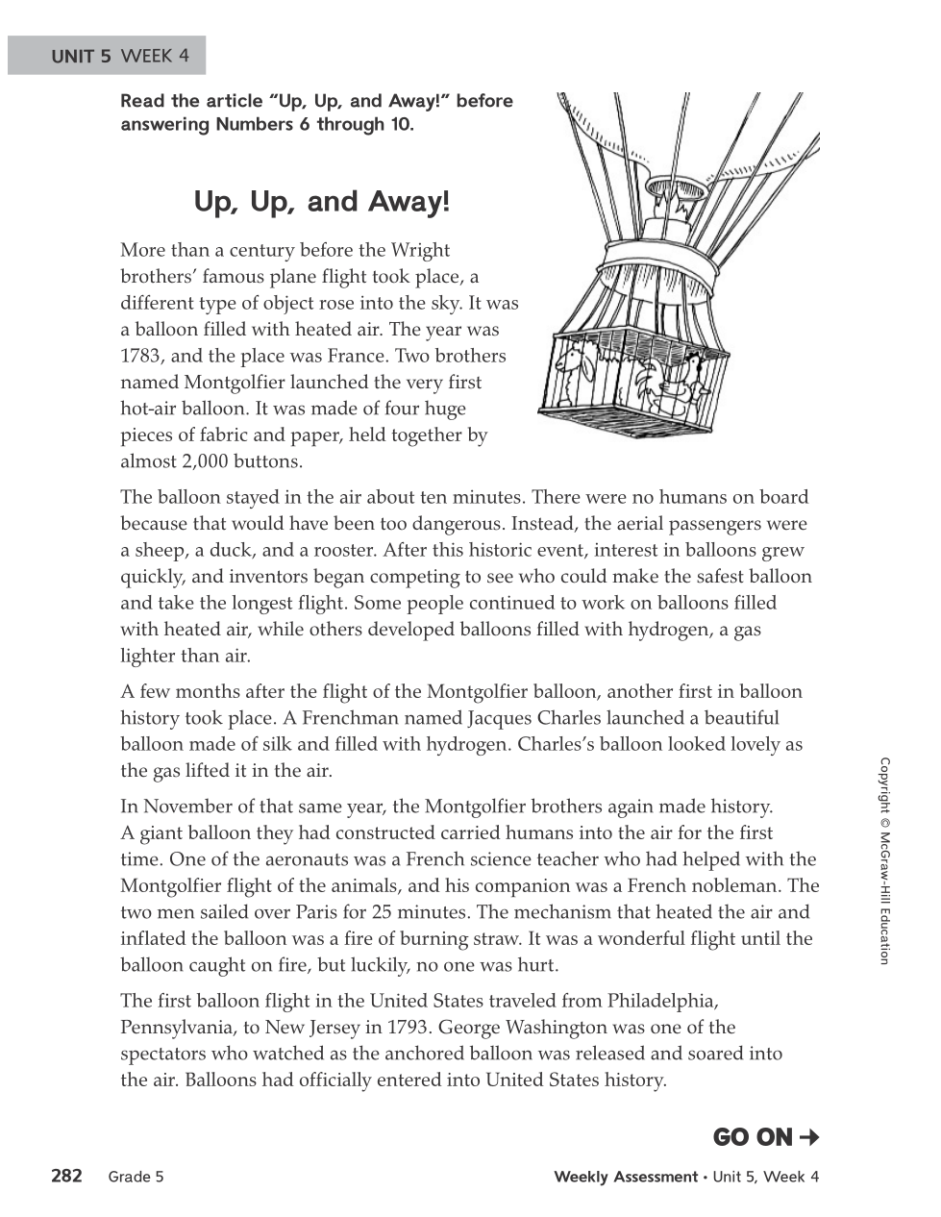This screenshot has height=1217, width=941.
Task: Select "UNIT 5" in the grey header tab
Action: click(81, 56)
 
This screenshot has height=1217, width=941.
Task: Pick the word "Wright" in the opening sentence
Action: click(420, 250)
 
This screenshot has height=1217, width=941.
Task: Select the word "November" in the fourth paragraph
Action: click(187, 807)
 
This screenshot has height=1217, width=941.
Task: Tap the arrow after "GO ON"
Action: click(809, 1137)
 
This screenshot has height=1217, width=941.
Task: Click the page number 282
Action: click(66, 1176)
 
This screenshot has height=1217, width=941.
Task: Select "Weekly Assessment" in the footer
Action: click(626, 1177)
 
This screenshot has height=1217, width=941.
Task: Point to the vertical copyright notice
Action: click(884, 860)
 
